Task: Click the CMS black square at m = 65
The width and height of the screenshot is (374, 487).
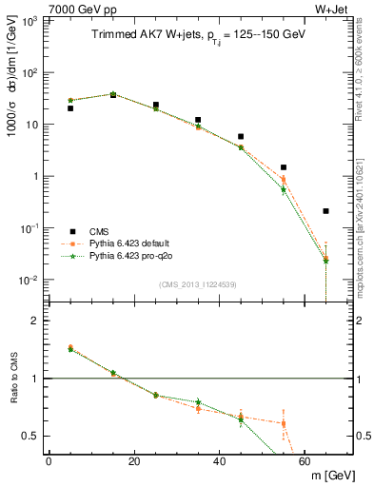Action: click(325, 211)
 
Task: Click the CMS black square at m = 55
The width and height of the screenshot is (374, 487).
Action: click(284, 167)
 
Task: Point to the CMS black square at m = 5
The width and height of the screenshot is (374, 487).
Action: click(70, 108)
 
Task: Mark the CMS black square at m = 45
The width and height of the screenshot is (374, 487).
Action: click(241, 137)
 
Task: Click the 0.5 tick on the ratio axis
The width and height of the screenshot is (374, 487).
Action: click(30, 436)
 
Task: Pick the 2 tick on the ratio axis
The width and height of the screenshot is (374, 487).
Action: click(35, 321)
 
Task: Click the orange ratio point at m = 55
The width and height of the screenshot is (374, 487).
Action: click(284, 423)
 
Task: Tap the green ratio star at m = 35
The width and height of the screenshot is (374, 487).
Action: click(198, 402)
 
